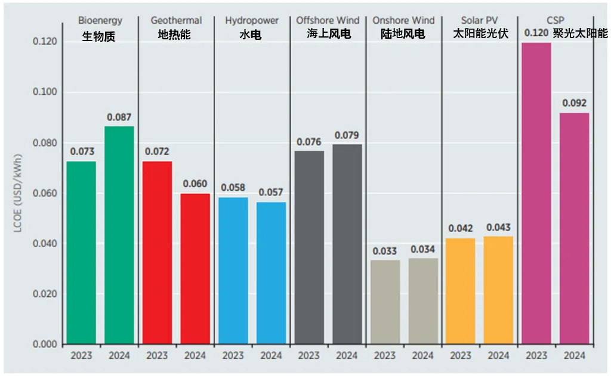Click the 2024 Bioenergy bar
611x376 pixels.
[119, 235]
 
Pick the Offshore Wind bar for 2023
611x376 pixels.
[309, 247]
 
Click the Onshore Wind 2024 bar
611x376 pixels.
[422, 301]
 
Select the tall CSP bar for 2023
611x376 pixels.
[536, 193]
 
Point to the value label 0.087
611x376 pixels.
[119, 117]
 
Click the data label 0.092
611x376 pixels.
[574, 104]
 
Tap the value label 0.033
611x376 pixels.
[385, 251]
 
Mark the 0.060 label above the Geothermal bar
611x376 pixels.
[195, 184]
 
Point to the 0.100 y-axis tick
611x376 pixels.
[45, 92]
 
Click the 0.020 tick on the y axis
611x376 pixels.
[45, 294]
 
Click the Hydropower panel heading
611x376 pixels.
[252, 21]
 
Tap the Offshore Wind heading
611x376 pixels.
[328, 21]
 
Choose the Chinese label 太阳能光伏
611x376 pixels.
[480, 34]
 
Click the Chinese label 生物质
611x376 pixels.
[99, 37]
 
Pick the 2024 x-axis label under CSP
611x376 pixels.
[574, 356]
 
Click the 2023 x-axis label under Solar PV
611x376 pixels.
[461, 356]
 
